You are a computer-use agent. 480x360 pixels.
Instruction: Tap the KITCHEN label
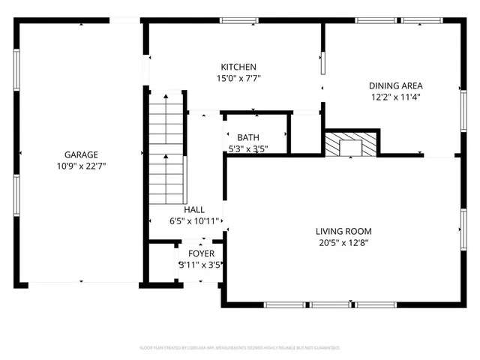(x=238, y=67)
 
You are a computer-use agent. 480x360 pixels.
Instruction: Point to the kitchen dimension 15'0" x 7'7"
(x=238, y=77)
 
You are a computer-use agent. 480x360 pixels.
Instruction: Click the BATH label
(x=248, y=137)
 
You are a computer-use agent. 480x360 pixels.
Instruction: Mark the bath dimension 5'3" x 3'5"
(x=248, y=148)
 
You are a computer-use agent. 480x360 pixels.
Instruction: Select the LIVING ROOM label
(x=343, y=231)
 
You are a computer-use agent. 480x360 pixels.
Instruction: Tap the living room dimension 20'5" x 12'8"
(x=343, y=242)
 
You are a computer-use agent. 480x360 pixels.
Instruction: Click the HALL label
(x=194, y=210)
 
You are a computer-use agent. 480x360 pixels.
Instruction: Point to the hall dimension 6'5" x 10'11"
(x=194, y=221)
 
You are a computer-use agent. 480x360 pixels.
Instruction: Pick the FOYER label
(x=200, y=253)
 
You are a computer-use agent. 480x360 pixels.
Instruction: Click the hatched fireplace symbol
(x=350, y=144)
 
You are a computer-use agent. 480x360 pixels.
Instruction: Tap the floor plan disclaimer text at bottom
(x=240, y=348)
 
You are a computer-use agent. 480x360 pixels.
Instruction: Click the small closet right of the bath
(x=304, y=133)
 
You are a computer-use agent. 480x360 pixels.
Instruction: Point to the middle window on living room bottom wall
(x=331, y=304)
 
